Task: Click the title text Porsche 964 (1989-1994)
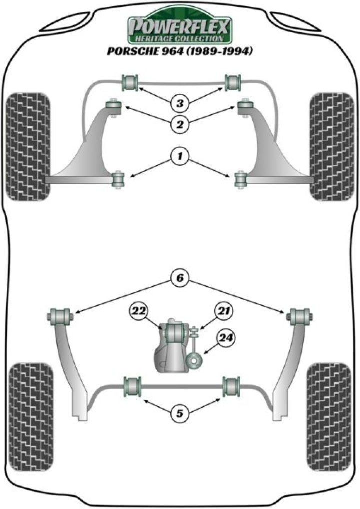click(179, 51)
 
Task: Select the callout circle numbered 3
click(179, 104)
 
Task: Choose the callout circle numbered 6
click(179, 278)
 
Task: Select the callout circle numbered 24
click(226, 339)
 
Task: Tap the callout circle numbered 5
click(179, 414)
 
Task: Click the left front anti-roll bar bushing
click(132, 81)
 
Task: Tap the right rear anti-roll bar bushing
click(231, 385)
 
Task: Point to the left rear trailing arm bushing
click(60, 316)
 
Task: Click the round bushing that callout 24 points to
click(194, 360)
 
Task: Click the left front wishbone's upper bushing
click(114, 106)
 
